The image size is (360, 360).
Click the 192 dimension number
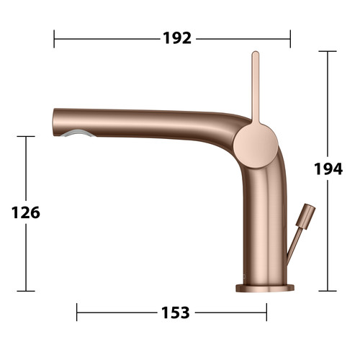177,38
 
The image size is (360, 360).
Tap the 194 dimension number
328,168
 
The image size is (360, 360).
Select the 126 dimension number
26,212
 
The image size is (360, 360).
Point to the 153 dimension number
176,312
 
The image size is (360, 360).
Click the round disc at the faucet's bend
256,145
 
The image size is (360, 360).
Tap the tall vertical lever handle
256,89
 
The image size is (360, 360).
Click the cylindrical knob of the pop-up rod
305,216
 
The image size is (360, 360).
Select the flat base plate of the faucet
265,288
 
